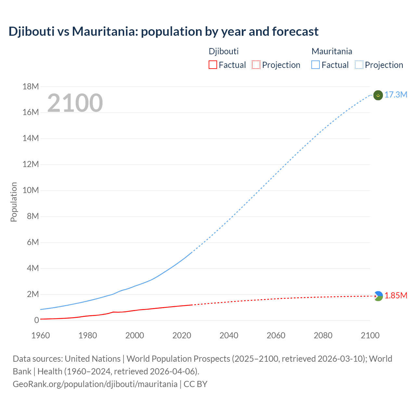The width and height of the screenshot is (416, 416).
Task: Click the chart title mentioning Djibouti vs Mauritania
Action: coord(163,32)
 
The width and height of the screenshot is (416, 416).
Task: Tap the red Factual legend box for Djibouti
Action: coord(213,65)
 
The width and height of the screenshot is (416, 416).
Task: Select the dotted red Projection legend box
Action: coord(256,65)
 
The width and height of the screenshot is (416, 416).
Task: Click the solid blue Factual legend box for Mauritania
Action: coord(316,65)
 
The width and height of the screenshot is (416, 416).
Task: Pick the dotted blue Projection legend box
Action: coord(359,65)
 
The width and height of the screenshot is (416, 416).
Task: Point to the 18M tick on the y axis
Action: coord(31,86)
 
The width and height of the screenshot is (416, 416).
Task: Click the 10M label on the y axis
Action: coord(31,190)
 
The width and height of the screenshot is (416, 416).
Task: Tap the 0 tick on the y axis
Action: coord(36,320)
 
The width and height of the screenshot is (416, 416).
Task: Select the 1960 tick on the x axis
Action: coord(41,335)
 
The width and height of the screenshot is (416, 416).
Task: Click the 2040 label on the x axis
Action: coord(229,335)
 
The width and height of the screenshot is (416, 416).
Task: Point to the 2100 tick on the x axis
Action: coord(370,335)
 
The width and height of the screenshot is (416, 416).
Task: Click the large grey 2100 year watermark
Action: coord(75,103)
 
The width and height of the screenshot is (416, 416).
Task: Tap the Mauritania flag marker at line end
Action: coord(378,95)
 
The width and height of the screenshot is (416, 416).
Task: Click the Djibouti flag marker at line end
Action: coord(378,296)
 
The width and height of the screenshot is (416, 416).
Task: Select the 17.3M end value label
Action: coord(396,95)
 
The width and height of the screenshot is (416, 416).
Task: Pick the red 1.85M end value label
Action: coord(396,295)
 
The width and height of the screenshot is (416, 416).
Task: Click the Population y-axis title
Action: coord(14,202)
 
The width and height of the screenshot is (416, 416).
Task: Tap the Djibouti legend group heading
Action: coord(224,51)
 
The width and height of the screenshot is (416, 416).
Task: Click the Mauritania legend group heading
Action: coord(332,51)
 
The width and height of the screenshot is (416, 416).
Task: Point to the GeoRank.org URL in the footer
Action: coord(95,384)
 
